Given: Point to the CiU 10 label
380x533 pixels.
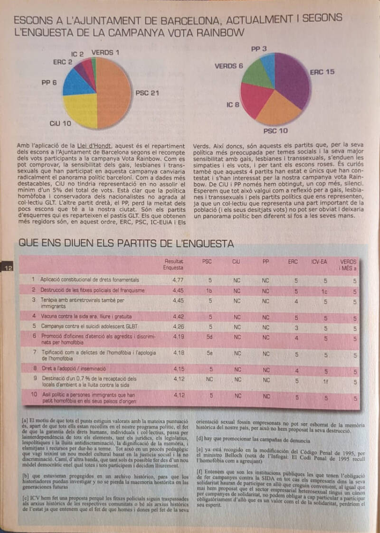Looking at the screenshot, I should pos(60,123).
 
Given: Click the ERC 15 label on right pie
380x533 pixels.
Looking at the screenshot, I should pos(322,72).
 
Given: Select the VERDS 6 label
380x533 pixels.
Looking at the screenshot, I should pos(228,66).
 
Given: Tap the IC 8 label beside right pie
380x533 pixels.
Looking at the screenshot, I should pos(233,104).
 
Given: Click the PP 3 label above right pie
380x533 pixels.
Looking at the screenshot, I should pos(258,48).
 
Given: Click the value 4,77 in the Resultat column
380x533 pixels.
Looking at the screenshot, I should pos(178,280).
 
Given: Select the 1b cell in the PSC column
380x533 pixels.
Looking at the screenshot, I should pos(209,290).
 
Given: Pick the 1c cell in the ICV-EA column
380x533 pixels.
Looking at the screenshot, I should pos(325,291).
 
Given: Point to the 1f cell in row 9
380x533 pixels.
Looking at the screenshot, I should pos(325,381).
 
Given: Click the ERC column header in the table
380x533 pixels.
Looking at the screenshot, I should pos(293,262).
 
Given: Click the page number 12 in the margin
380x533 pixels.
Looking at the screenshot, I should pos(9,268).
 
